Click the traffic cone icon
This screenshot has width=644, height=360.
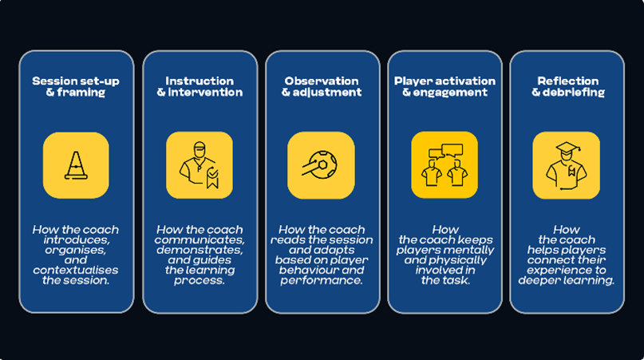[x=76, y=165]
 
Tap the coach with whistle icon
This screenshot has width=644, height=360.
[x=199, y=165]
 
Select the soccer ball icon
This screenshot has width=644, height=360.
[x=321, y=165]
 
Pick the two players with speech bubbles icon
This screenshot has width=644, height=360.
[x=444, y=165]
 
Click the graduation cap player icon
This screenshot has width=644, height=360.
[x=566, y=165]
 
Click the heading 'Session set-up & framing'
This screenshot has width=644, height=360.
[x=76, y=86]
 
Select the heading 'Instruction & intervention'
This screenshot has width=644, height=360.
[x=199, y=86]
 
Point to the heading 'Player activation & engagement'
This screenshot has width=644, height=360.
[x=444, y=86]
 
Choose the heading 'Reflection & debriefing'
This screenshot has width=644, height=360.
[x=567, y=86]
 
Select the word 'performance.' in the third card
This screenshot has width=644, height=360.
[x=322, y=280]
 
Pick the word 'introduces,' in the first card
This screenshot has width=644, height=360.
[x=76, y=239]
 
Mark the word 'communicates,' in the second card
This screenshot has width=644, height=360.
[x=199, y=239]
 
